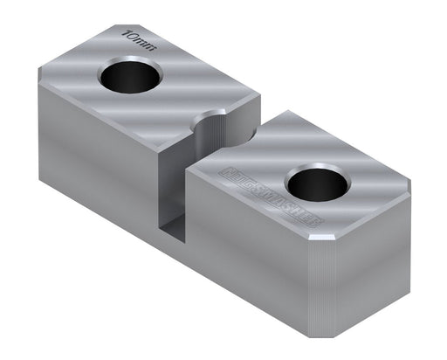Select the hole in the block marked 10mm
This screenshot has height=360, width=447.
(x=127, y=78)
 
